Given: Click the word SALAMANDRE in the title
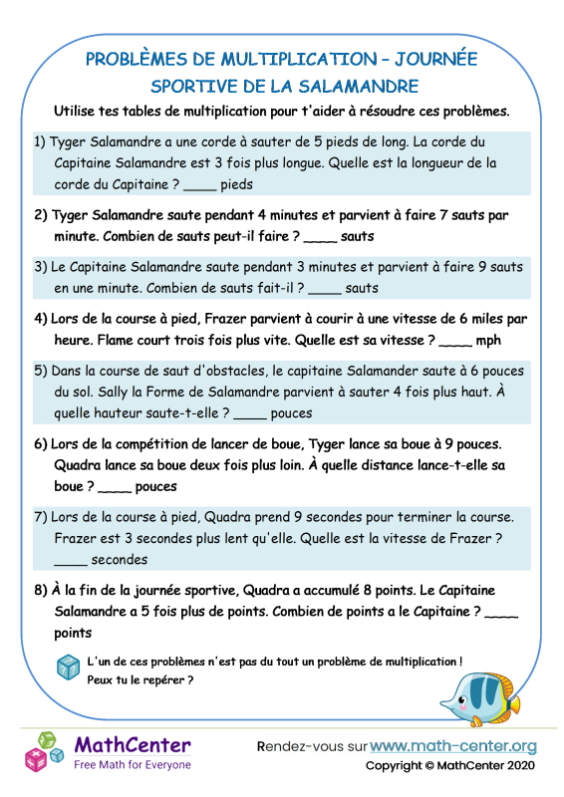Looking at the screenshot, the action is point(348,86).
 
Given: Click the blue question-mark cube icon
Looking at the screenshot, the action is point(69,667).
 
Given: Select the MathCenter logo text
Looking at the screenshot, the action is point(133,744).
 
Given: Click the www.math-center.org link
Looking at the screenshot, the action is point(452,746).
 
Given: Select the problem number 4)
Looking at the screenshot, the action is point(41,319).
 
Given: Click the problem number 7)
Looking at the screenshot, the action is point(41,517).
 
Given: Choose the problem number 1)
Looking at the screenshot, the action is point(41,141).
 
